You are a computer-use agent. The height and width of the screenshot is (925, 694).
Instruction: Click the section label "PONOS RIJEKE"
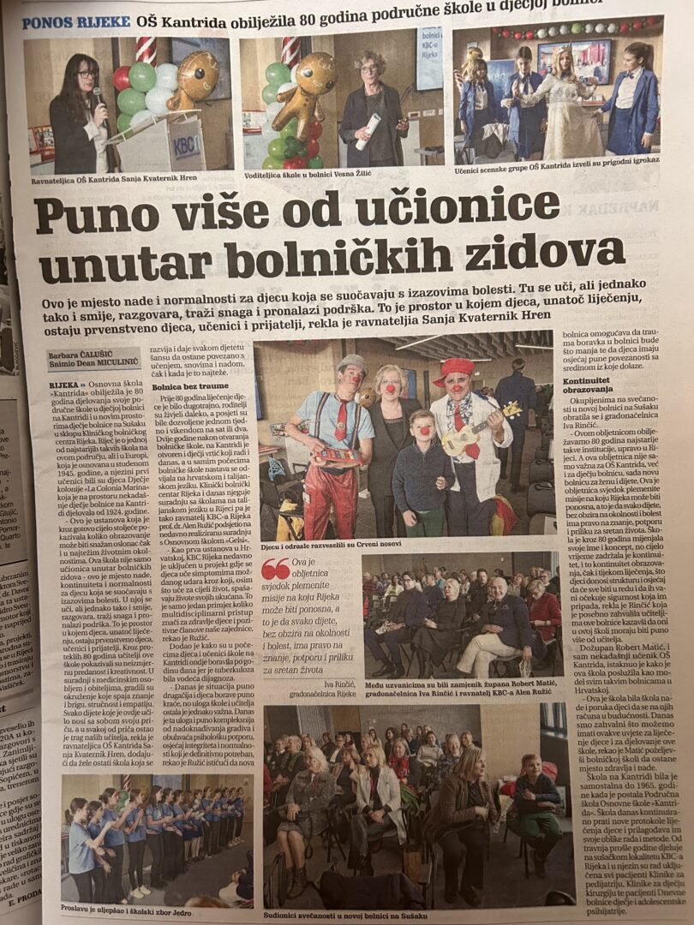click(x=76, y=21)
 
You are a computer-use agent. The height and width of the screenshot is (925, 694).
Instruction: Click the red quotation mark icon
click(x=275, y=568)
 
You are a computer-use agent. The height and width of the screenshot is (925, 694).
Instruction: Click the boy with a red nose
click(x=421, y=462)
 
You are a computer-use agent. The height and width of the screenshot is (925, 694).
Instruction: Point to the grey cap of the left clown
click(x=351, y=364)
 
